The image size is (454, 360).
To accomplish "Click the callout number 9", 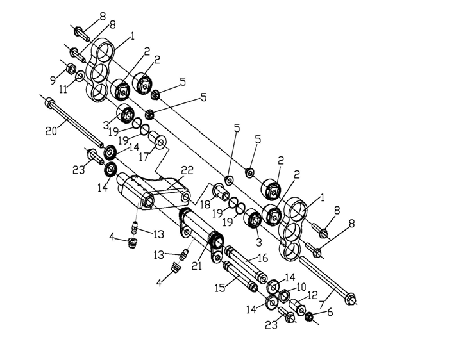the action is tap(53, 80).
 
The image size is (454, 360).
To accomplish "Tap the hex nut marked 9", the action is tap(71, 69).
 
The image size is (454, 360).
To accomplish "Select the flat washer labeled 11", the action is tap(80, 77).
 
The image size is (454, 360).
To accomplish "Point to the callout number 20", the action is tap(51, 131).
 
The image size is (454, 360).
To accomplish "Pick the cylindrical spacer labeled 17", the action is tap(158, 140).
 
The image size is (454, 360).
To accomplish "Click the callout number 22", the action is tap(187, 170).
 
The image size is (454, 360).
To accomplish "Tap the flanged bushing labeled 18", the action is tap(221, 192).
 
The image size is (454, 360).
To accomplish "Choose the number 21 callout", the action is tap(197, 265).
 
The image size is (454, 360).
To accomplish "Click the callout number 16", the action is tap(263, 258).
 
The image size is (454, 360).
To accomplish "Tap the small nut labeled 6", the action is tap(309, 316).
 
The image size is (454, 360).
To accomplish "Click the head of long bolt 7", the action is tap(350, 299).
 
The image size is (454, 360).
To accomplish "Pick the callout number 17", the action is tap(144, 157).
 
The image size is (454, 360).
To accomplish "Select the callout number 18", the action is tap(205, 204).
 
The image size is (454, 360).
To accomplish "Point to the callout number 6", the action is tap(330, 313).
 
